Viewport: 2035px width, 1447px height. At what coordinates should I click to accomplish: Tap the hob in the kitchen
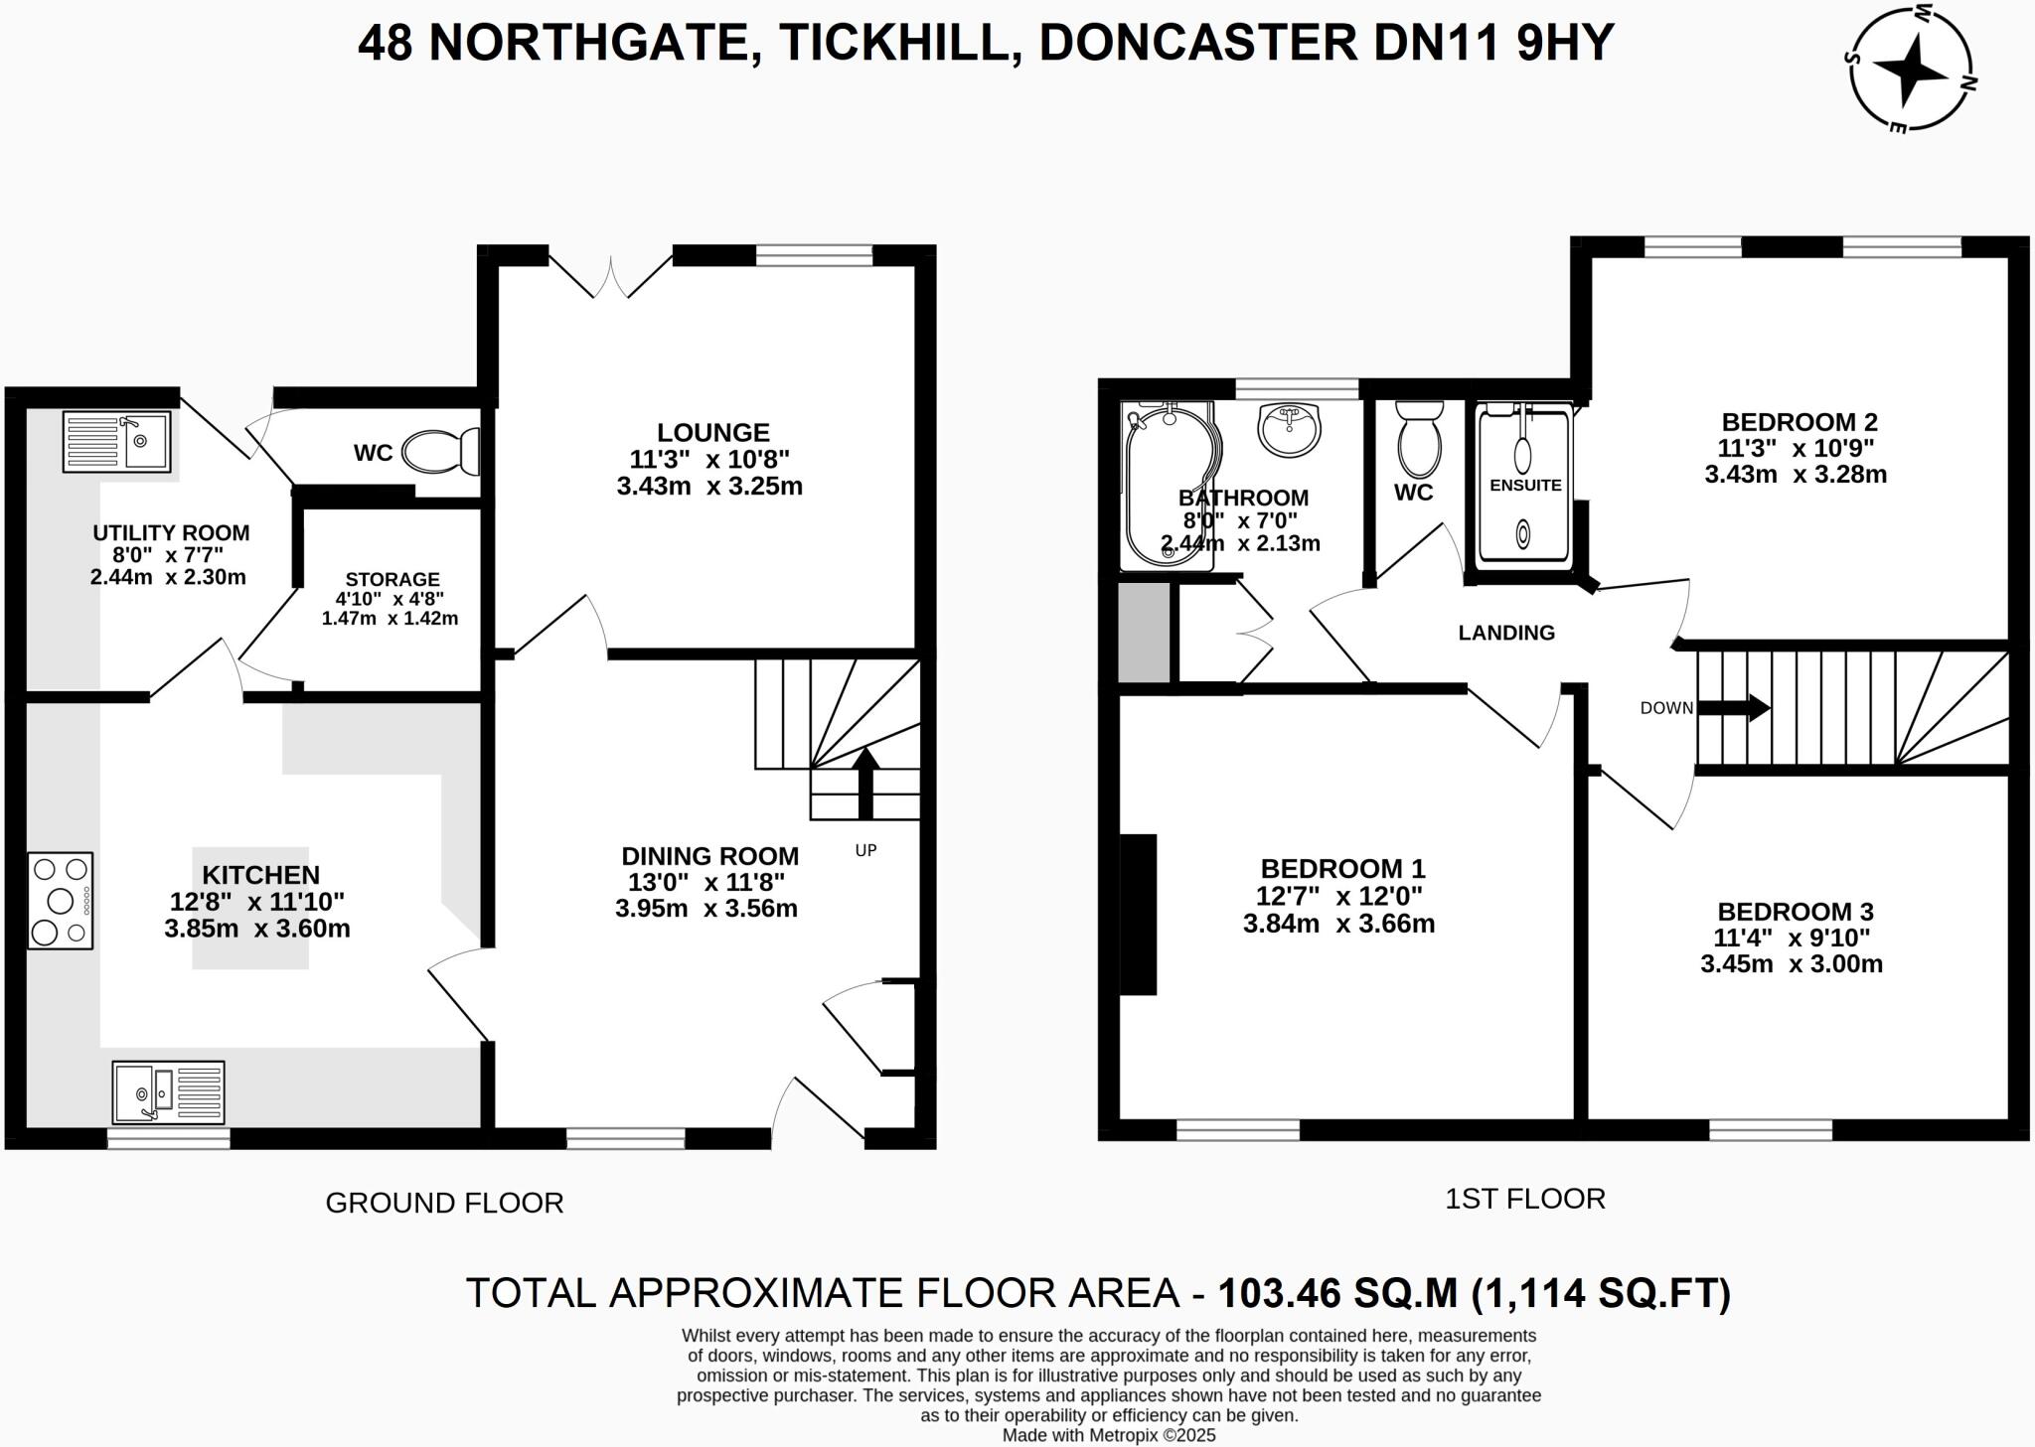pos(61,901)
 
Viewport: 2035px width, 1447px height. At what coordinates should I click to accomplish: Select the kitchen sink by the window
pos(168,1091)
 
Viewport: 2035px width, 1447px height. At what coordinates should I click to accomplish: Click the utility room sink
pos(117,441)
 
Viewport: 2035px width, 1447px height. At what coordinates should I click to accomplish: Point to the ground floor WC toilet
pos(441,452)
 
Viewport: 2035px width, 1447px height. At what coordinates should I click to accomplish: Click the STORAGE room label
pos(391,579)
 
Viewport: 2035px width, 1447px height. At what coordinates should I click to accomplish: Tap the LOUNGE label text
pos(712,433)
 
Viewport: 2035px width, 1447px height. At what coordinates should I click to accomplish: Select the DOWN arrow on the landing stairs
pos(1734,708)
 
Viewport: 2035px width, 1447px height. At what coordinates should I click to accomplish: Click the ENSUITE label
pos(1525,486)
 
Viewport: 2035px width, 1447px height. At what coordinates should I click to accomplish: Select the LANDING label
pos(1506,633)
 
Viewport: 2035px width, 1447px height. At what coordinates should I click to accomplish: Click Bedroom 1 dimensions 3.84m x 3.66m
pos(1338,924)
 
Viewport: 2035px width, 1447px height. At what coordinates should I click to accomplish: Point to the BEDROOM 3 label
pos(1795,912)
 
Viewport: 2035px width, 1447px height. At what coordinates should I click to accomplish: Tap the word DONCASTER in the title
pos(1196,44)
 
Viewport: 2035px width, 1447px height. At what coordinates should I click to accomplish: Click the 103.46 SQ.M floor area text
pos(1336,1293)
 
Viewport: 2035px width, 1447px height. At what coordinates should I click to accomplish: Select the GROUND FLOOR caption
pos(444,1203)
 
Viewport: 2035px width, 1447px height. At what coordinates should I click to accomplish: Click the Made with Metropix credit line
pos(1108,1435)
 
